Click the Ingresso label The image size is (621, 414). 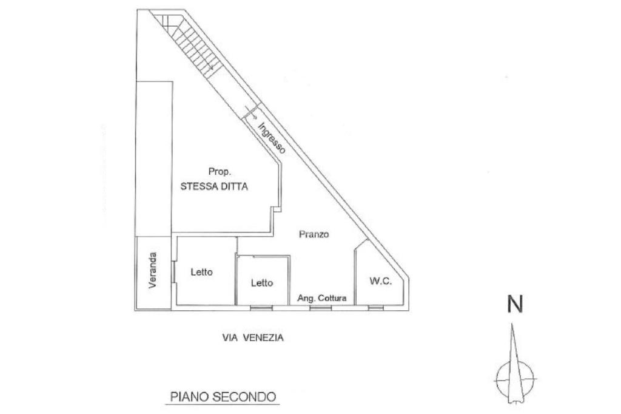tap(271, 138)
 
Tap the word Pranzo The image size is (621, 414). tap(314, 234)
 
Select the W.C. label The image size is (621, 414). tap(380, 281)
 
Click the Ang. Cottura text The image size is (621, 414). tap(321, 298)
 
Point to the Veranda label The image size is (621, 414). tap(154, 270)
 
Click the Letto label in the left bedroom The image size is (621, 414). tap(201, 273)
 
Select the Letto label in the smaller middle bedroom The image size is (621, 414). tap(262, 283)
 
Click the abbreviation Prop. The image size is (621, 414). tap(218, 172)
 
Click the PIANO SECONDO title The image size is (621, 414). tap(223, 397)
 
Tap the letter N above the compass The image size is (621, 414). tap(514, 304)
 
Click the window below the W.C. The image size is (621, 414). tap(376, 308)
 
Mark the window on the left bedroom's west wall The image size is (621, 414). tap(174, 271)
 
